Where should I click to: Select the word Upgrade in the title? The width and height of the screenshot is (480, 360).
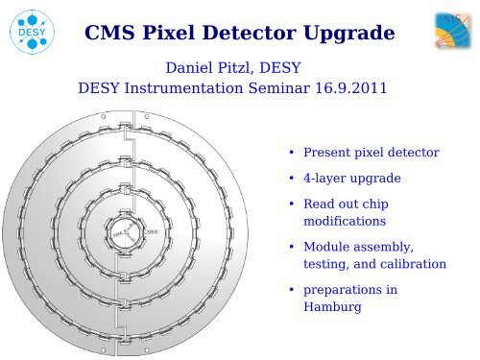[351, 35]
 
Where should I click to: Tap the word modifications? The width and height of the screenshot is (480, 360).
[345, 221]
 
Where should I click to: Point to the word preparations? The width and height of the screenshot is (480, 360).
[346, 289]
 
